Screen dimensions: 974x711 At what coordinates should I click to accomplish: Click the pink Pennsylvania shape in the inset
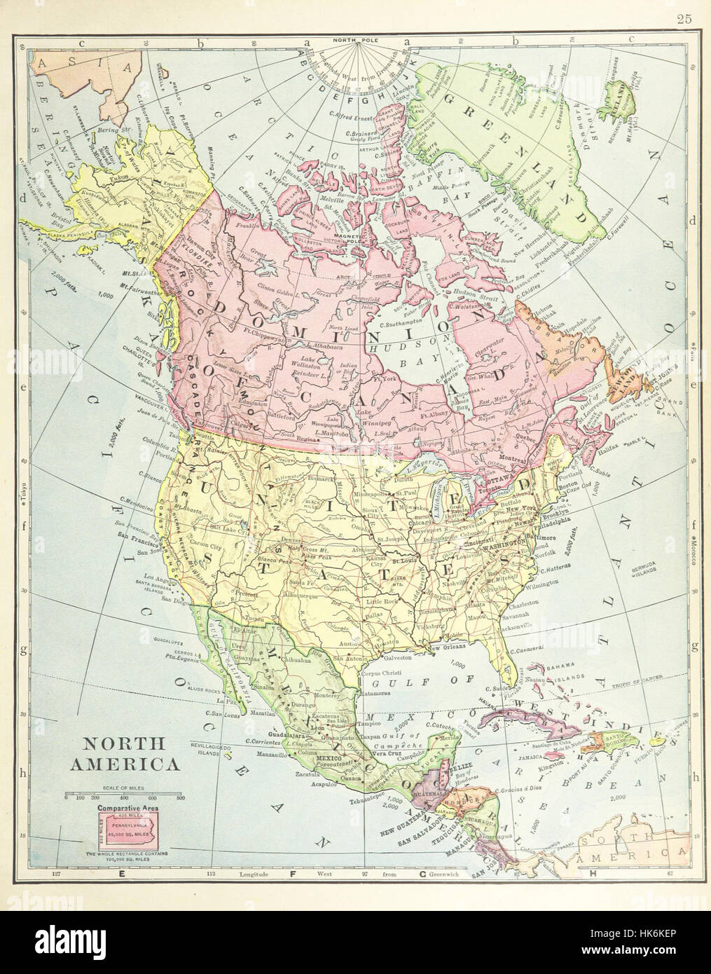click(128, 831)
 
